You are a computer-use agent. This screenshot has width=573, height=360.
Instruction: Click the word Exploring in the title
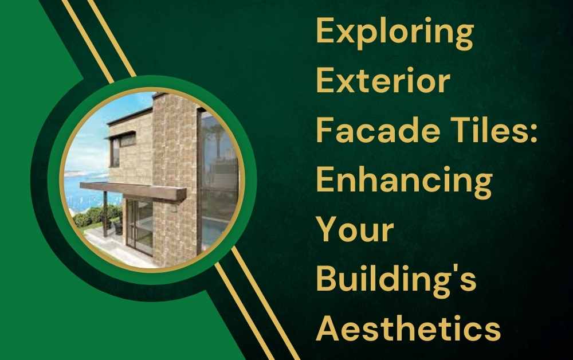point(395,32)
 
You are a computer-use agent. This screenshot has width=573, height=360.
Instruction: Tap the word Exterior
point(383,80)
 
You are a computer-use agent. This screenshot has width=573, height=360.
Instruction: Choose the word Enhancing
point(404,182)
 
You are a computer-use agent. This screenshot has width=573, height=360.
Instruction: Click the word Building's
point(396,280)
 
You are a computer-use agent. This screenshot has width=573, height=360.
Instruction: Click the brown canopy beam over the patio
point(133,191)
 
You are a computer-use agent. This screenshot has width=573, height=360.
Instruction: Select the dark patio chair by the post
point(118,228)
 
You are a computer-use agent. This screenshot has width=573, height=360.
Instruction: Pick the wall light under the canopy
point(174,208)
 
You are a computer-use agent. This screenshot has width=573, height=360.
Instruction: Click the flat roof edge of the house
point(129,116)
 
